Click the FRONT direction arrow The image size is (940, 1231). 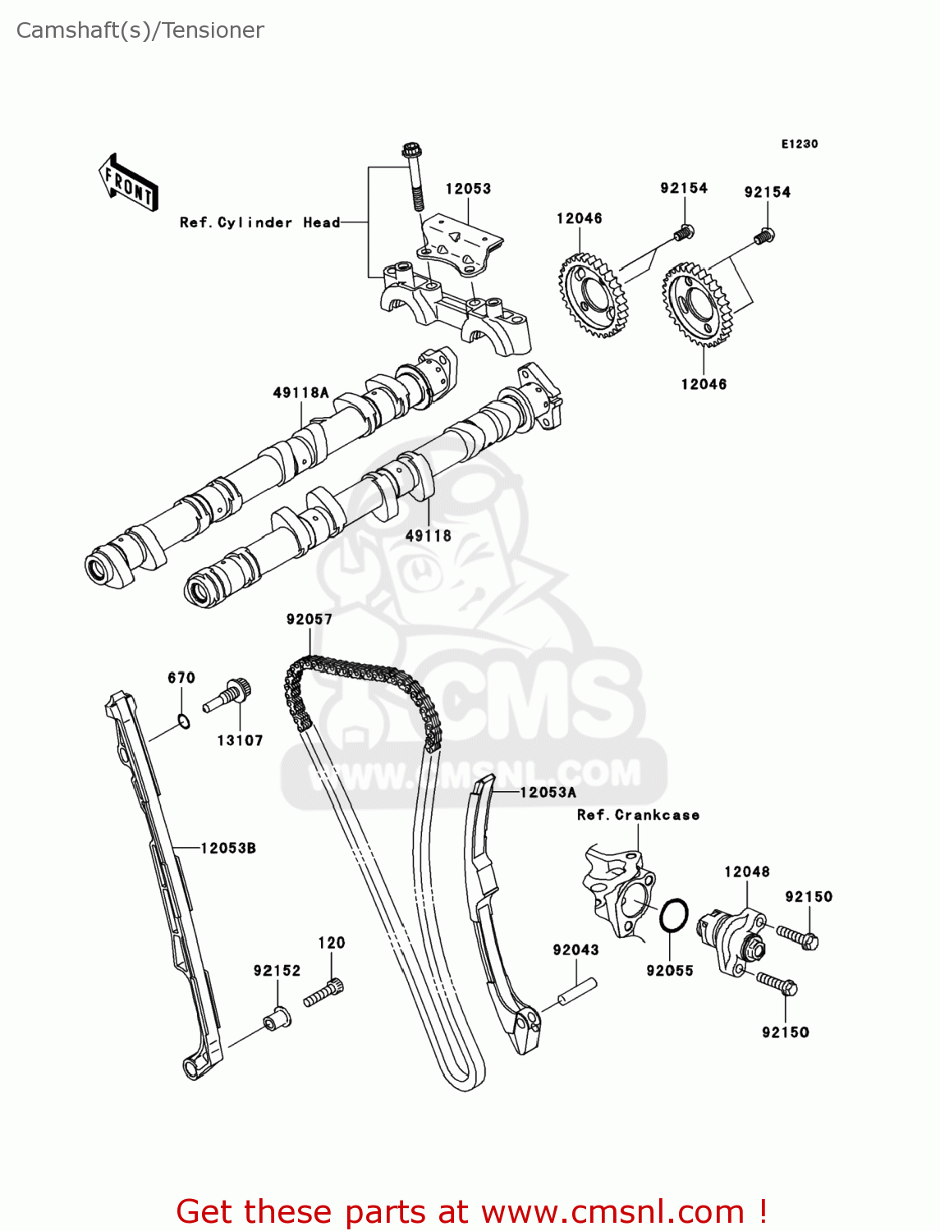tap(128, 182)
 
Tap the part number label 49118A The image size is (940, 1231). tap(300, 393)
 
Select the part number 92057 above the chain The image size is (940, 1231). tap(309, 620)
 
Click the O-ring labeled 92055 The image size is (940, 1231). tap(673, 915)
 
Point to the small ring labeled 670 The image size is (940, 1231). tap(184, 722)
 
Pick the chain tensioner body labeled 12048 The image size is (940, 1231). tap(731, 939)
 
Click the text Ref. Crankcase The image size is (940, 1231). tap(638, 815)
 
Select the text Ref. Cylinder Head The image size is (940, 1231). tap(259, 222)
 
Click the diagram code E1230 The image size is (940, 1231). tap(799, 144)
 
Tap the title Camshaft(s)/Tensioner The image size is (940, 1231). tap(140, 30)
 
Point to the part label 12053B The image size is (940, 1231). tap(228, 848)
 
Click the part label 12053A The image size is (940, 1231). tap(548, 792)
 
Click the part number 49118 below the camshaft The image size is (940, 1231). tap(428, 536)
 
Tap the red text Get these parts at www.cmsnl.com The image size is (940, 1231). tap(472, 1211)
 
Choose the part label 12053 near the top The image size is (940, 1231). tap(468, 189)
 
